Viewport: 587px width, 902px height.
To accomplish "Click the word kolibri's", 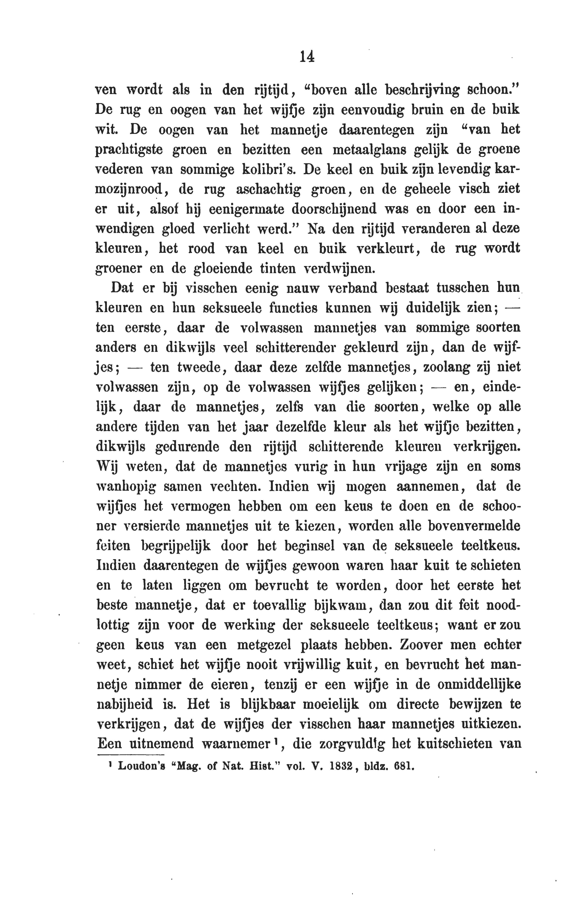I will coord(269,169).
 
